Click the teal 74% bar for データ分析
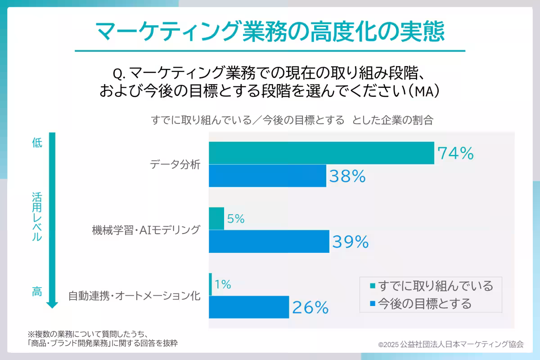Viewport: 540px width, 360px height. pyautogui.click(x=321, y=153)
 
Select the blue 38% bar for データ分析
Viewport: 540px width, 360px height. pyautogui.click(x=267, y=175)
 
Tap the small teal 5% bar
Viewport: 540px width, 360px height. pyautogui.click(x=216, y=219)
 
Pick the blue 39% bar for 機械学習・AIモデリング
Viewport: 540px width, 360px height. pyautogui.click(x=269, y=242)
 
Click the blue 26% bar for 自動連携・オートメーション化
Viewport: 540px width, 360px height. pyautogui.click(x=249, y=307)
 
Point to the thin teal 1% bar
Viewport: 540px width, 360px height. pyautogui.click(x=211, y=284)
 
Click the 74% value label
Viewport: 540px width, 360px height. pyautogui.click(x=456, y=154)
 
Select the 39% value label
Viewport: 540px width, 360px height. pyautogui.click(x=351, y=243)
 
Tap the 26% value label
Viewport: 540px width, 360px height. pyautogui.click(x=310, y=308)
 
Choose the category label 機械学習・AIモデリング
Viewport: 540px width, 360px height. pyautogui.click(x=145, y=230)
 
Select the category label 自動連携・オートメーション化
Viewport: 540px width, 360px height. pyautogui.click(x=134, y=296)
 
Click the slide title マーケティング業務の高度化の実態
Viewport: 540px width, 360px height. pyautogui.click(x=270, y=31)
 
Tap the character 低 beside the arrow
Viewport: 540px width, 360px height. pyautogui.click(x=37, y=143)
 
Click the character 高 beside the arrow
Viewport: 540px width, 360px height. pyautogui.click(x=37, y=292)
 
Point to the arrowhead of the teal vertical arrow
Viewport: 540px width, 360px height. pyautogui.click(x=52, y=305)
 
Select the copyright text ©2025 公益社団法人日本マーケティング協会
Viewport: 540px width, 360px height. pyautogui.click(x=451, y=344)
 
